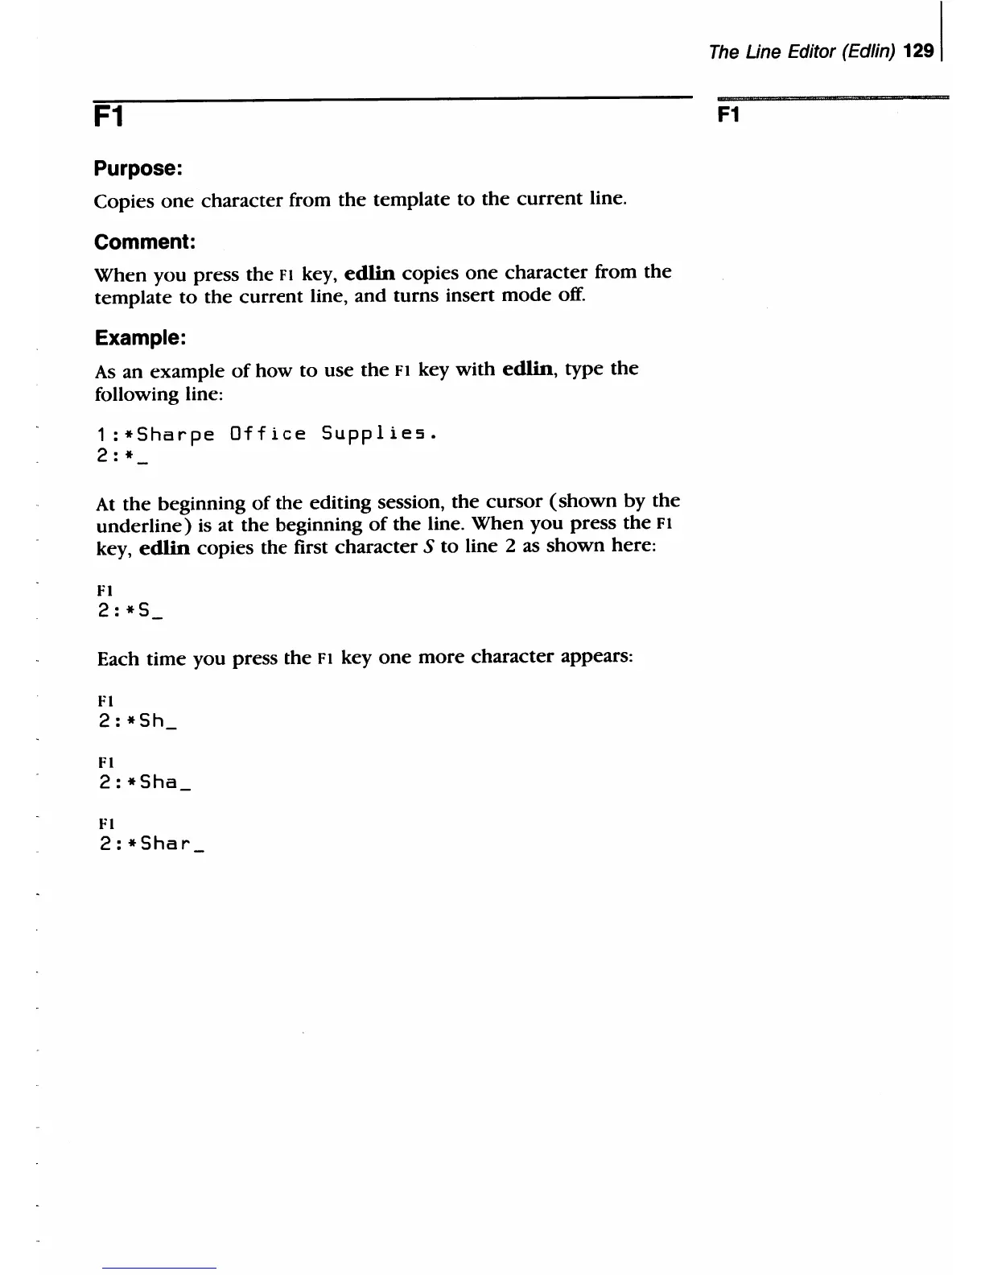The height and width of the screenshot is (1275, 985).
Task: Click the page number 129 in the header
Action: (919, 52)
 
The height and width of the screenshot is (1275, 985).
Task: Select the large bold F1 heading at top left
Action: (109, 118)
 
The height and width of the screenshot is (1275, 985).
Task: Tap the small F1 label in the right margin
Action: (728, 115)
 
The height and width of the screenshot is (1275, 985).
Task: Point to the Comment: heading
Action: (145, 242)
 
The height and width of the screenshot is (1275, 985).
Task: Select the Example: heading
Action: (140, 338)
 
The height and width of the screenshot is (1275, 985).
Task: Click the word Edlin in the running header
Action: (871, 52)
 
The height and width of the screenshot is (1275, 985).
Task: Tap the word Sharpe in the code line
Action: (176, 435)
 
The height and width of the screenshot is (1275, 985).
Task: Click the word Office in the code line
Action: (268, 434)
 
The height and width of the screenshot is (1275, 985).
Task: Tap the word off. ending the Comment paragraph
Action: (572, 295)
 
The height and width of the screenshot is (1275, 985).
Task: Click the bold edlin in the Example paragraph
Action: (528, 369)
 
